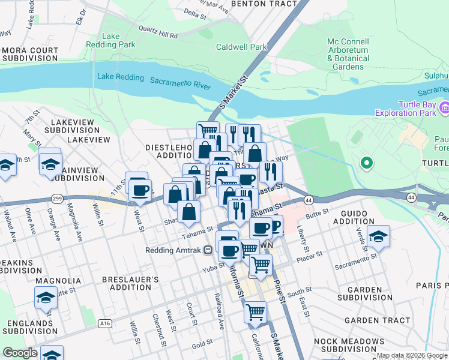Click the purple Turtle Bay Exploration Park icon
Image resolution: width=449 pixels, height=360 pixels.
tap(444, 107)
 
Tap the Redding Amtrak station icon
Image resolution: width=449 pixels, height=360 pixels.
tap(207, 250)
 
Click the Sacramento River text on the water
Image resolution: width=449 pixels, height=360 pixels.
tap(180, 83)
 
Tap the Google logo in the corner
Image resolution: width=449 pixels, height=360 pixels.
tap(20, 353)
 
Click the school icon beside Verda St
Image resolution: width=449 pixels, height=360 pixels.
tap(378, 236)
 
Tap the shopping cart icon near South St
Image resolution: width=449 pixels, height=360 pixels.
tap(255, 311)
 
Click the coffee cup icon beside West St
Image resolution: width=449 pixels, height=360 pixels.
tap(140, 191)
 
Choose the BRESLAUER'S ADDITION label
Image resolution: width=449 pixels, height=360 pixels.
tap(130, 284)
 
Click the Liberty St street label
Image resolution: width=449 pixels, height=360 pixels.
tap(303, 240)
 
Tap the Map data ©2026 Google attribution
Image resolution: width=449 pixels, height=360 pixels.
tap(412, 355)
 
